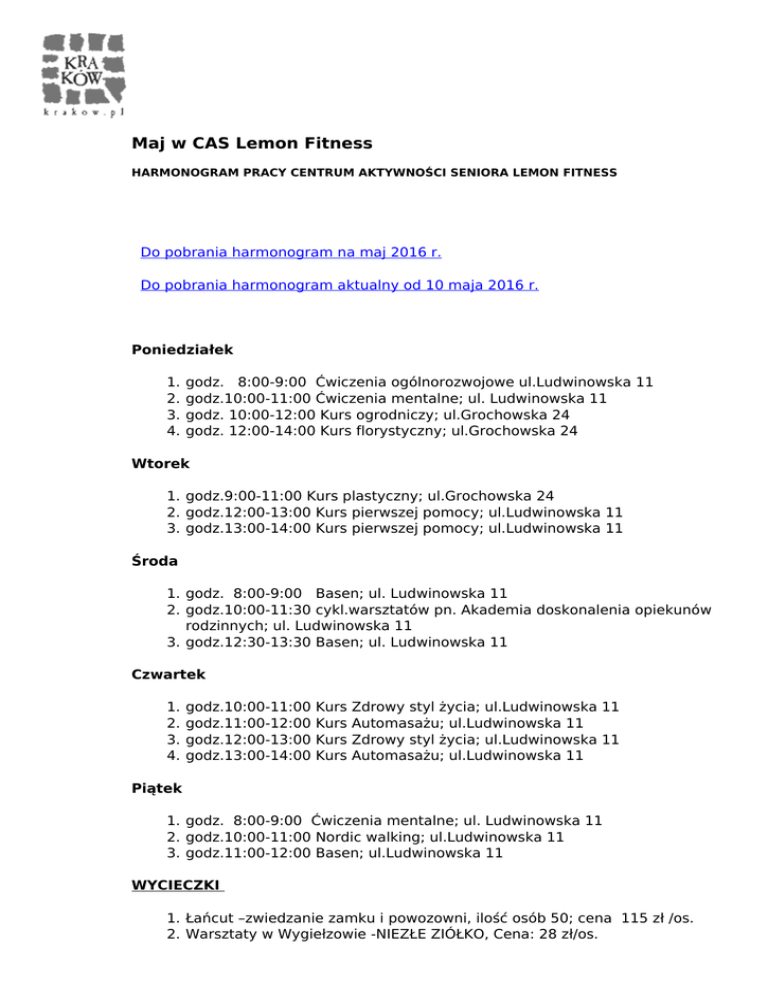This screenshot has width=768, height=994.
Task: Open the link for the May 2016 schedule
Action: coord(291,253)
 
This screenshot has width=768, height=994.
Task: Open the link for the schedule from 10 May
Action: coord(340,285)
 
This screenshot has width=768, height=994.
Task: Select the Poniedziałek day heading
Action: coord(182,350)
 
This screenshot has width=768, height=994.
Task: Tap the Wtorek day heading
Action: coord(161,464)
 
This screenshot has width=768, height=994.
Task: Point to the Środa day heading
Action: coord(156,562)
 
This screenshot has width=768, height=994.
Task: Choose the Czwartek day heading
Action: coord(168,675)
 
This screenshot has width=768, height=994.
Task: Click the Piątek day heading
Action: coord(158,789)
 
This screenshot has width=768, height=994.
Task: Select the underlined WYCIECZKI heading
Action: coord(176,885)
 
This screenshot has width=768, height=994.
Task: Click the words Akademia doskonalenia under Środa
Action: coord(549,610)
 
